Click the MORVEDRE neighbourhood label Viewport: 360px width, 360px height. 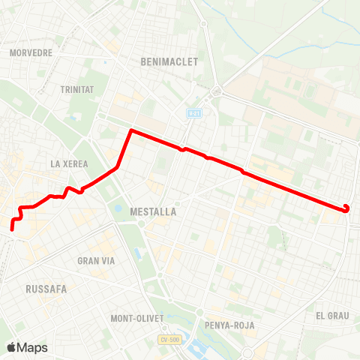[x=31, y=53]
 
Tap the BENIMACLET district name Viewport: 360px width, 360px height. [x=169, y=62]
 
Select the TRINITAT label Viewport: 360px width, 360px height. [x=76, y=89]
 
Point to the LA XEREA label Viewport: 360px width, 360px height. [x=69, y=163]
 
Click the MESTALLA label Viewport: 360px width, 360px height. [x=153, y=212]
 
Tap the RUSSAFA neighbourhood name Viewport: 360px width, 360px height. [x=46, y=288]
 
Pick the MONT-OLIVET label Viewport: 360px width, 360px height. [x=137, y=318]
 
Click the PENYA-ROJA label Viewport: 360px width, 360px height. [x=229, y=325]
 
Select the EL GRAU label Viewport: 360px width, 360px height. [x=333, y=316]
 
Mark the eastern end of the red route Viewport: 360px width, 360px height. [x=346, y=207]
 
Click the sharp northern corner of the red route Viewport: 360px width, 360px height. [x=131, y=130]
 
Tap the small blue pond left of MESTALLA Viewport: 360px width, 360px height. [x=118, y=209]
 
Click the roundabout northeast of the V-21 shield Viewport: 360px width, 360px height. [x=217, y=91]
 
